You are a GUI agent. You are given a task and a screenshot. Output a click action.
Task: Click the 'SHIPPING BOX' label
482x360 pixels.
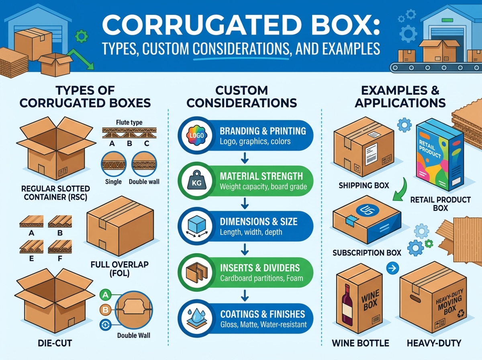[x=364, y=185]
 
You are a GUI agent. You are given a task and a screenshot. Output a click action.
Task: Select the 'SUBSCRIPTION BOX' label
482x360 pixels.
[x=367, y=253]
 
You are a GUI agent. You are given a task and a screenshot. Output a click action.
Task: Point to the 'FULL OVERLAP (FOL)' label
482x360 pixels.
[x=119, y=270]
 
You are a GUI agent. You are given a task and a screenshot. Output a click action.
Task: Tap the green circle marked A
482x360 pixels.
[x=105, y=295]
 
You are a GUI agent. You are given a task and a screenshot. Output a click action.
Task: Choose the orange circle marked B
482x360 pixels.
[x=105, y=310]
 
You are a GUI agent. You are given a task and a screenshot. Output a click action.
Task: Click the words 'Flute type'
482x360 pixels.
[x=129, y=122]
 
